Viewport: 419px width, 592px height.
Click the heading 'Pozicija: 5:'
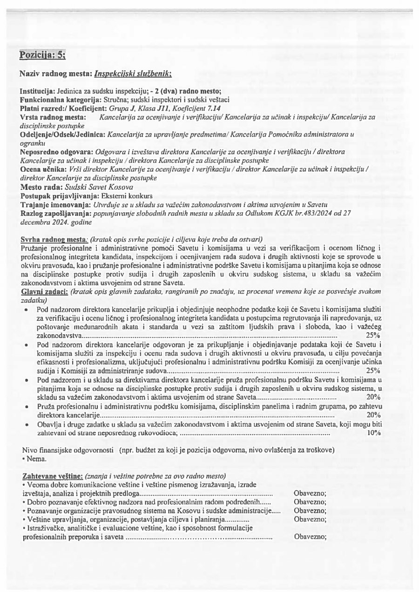click(42, 56)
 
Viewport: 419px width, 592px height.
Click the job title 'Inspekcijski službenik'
click(133, 74)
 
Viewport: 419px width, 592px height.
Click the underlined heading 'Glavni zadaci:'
click(44, 291)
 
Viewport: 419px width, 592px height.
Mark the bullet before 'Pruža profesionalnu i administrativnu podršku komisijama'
click(27, 406)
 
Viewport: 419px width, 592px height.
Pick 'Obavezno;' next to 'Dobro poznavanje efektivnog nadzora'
click(310, 502)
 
